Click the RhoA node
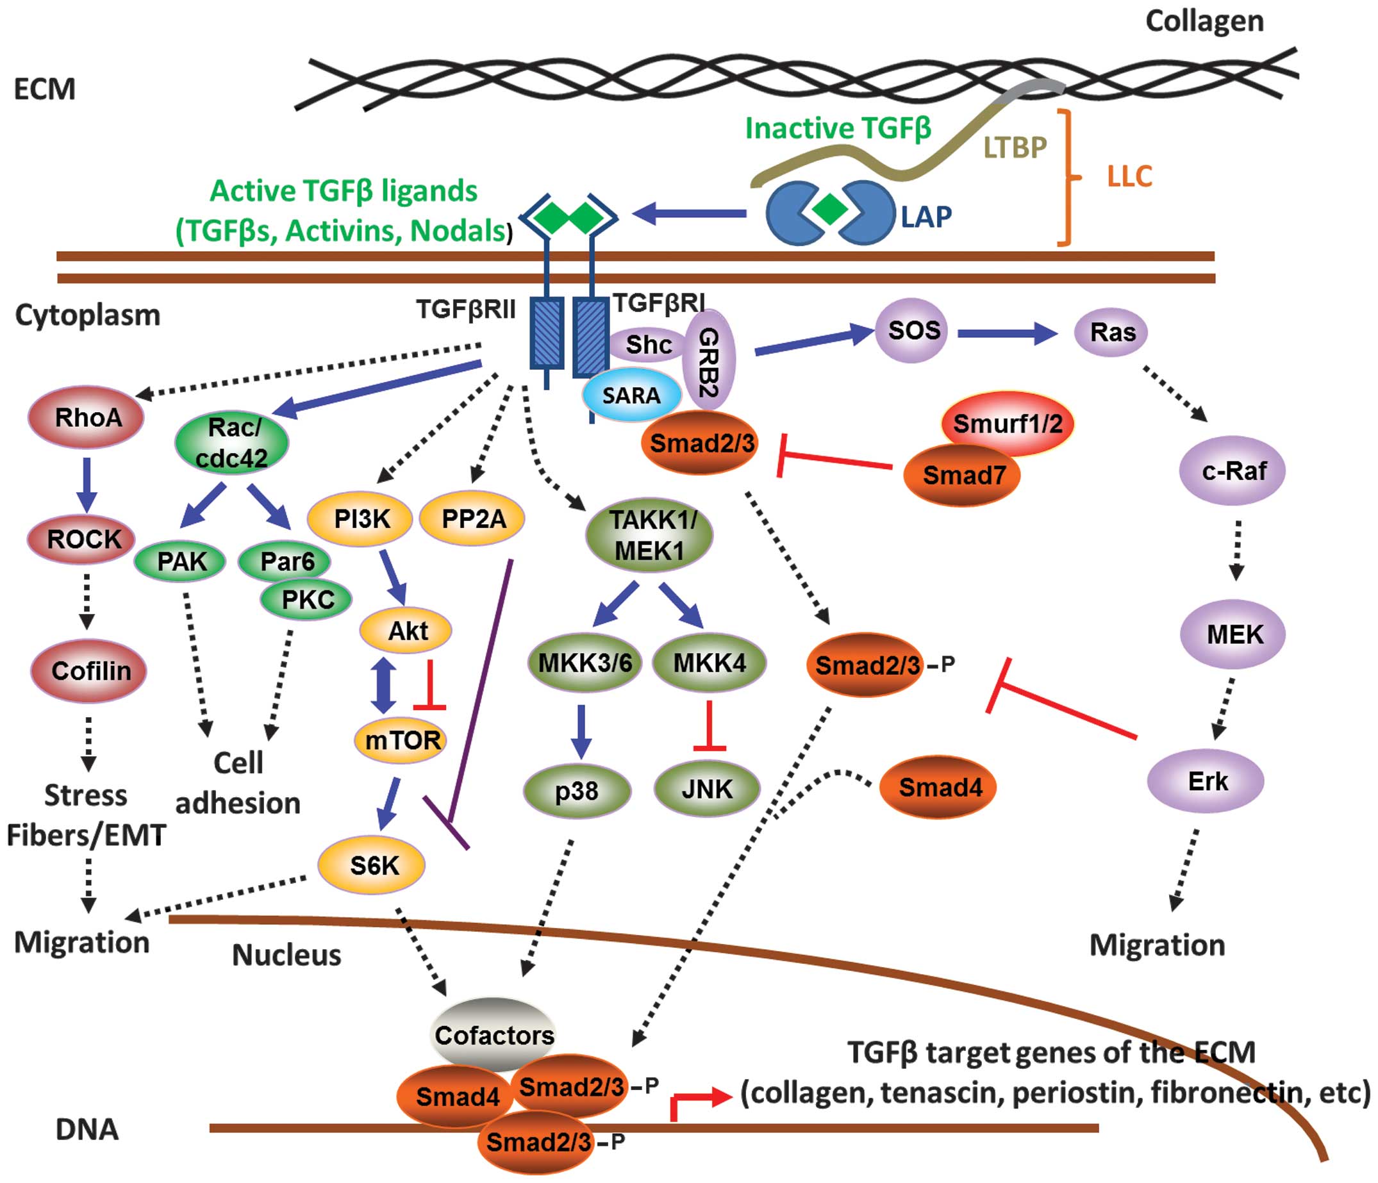(x=86, y=418)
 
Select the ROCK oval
(x=82, y=539)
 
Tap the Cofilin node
(x=88, y=671)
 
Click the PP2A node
(x=473, y=518)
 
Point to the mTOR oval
(x=401, y=740)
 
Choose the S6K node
(x=371, y=865)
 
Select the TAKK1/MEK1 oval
(x=650, y=535)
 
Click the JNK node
(x=706, y=790)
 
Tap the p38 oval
(x=577, y=791)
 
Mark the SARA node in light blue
(x=631, y=395)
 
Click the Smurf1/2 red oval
(x=1008, y=424)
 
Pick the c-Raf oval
(x=1233, y=471)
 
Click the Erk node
(x=1206, y=781)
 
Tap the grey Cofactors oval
(x=494, y=1034)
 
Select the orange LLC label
(x=1129, y=176)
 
